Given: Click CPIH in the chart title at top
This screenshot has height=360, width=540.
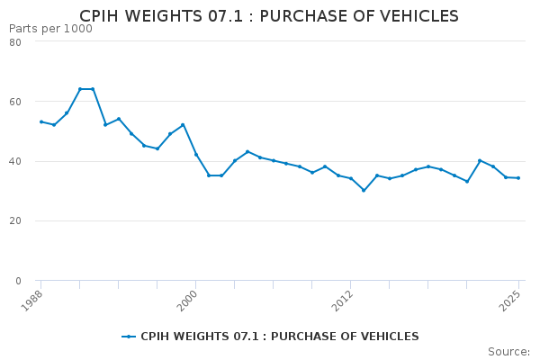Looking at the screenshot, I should tap(101, 16).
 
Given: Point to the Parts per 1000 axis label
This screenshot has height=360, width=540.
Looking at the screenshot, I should tap(50, 29).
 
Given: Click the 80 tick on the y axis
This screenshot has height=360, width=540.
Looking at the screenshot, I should tap(15, 42).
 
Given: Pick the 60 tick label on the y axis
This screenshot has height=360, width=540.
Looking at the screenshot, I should tap(15, 102).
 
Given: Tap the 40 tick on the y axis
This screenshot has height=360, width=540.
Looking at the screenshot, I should tap(15, 161).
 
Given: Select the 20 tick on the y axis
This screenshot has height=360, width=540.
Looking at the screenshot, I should tap(15, 220).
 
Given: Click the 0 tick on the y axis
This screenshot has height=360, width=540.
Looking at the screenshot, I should tap(18, 280).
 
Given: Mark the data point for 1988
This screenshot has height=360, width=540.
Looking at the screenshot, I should tap(40, 121).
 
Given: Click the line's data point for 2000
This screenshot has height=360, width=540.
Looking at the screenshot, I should tap(195, 155).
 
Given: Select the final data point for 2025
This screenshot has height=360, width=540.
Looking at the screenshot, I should tap(518, 178).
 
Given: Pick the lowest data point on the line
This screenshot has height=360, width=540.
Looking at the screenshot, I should tap(364, 190).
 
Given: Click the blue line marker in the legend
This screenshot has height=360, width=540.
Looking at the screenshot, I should tap(129, 337).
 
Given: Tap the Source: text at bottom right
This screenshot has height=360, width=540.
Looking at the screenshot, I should tap(508, 351).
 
